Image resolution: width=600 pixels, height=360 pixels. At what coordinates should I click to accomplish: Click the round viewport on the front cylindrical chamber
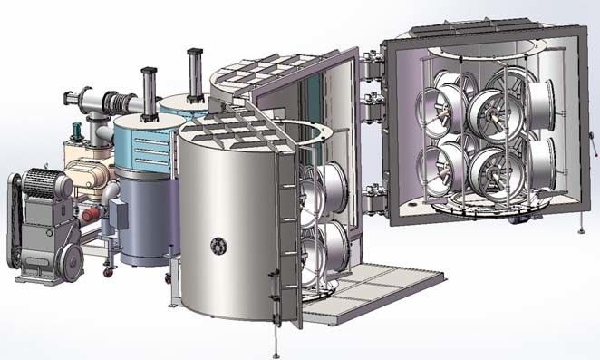[x=218, y=245]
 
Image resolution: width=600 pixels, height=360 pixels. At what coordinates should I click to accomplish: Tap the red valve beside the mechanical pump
[x=88, y=215]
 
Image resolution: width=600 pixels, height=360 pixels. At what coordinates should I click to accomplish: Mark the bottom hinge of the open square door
[x=370, y=190]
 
